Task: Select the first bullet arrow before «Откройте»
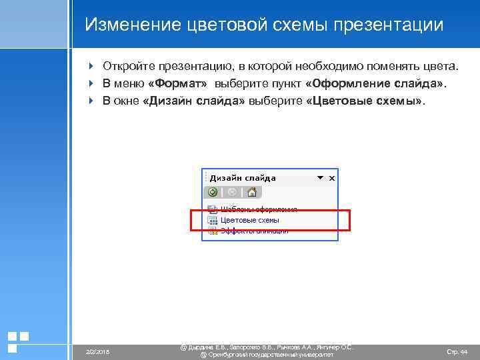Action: click(91, 67)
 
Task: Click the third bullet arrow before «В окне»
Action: click(91, 102)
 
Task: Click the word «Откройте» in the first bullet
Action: click(131, 67)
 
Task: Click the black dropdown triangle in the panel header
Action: click(320, 178)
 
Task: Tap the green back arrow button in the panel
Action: click(213, 192)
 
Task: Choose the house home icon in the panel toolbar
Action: click(251, 192)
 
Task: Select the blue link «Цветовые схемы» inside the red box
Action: click(250, 220)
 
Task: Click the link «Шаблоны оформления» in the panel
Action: click(259, 209)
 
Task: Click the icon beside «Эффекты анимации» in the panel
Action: click(213, 231)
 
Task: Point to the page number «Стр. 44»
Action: click(457, 351)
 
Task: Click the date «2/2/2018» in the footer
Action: click(97, 351)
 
